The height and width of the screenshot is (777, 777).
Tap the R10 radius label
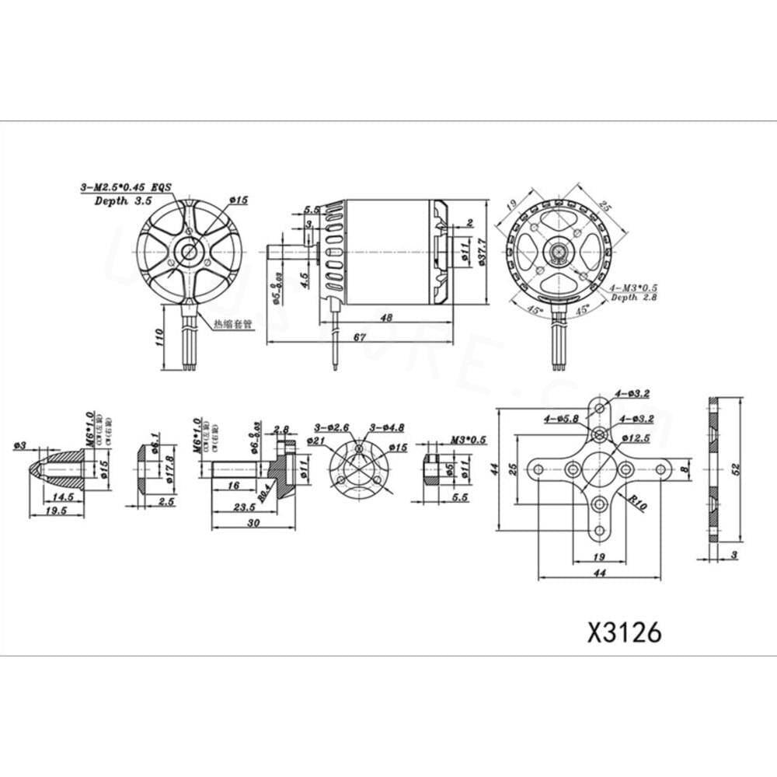[x=638, y=503]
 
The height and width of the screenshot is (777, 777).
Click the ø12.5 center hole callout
[x=636, y=439]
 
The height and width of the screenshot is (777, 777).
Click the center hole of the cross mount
[x=599, y=469]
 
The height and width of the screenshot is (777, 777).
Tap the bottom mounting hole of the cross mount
[x=599, y=531]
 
